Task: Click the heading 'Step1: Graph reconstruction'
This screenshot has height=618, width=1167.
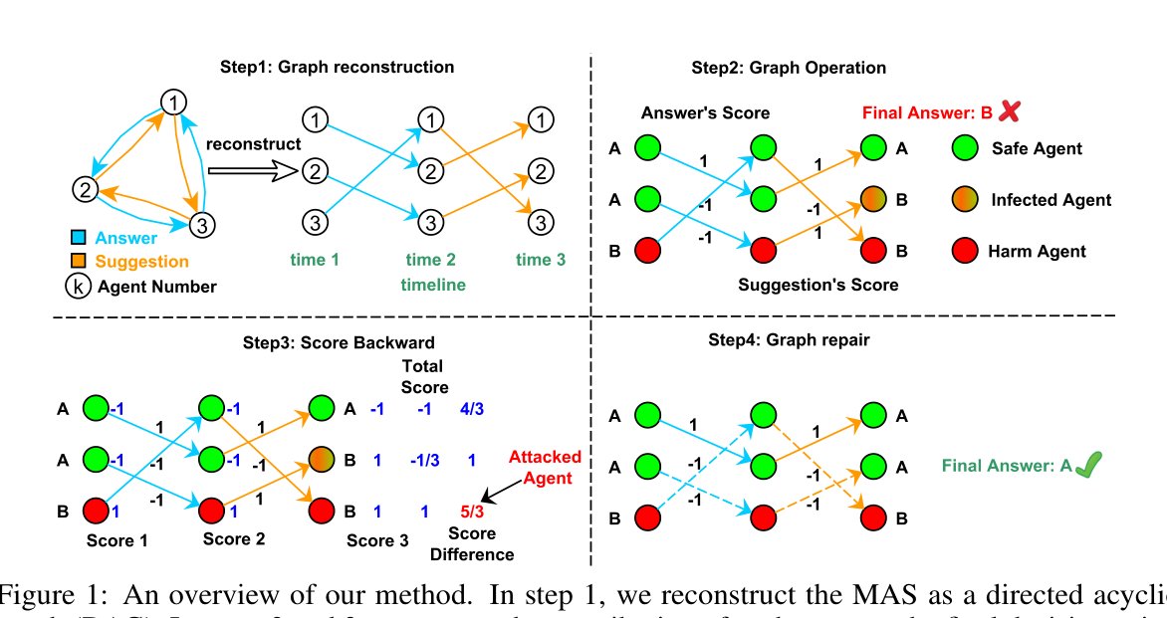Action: [337, 68]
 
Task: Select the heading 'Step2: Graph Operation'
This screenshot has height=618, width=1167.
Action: [789, 68]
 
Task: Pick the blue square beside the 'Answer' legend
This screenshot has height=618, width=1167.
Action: [85, 238]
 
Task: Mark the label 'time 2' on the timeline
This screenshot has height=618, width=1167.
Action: [430, 261]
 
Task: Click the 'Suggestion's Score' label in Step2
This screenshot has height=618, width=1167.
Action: [818, 285]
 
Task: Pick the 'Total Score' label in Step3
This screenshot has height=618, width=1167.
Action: [423, 376]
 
